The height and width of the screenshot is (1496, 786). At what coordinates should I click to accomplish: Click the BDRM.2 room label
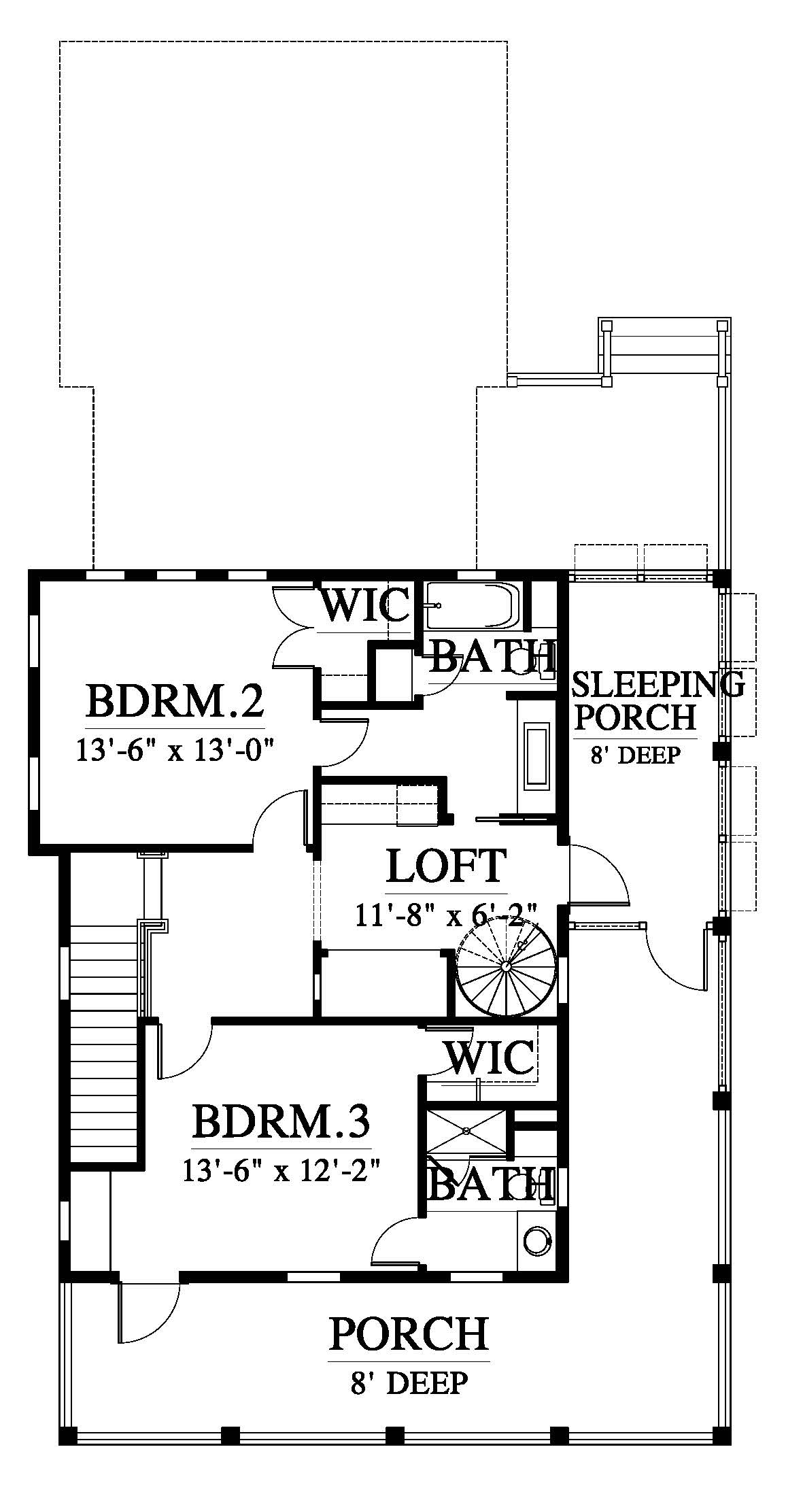tap(175, 702)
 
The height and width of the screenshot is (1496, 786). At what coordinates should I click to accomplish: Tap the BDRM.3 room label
tap(281, 1121)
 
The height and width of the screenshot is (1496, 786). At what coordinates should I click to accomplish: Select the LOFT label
tap(447, 865)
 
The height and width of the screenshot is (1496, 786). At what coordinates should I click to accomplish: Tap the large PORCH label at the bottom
tap(409, 1333)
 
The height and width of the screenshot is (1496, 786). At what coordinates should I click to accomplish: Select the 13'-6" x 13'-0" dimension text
tap(175, 752)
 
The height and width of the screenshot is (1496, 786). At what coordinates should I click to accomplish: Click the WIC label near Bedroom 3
tap(490, 1057)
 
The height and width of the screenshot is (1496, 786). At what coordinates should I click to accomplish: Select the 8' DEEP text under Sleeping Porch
tap(635, 755)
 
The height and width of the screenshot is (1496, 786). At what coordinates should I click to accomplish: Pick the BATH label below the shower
tap(490, 1184)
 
